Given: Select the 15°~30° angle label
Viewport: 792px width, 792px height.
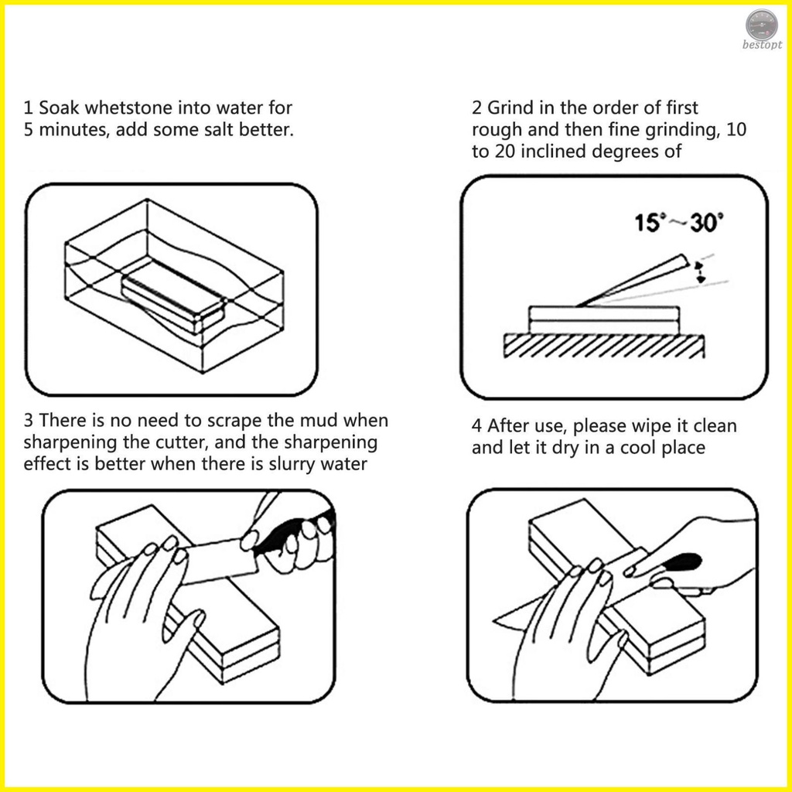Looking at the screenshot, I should click(678, 224).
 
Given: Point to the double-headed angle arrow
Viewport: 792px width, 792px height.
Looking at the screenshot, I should click(701, 272).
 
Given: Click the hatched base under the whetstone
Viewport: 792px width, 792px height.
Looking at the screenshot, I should click(603, 346).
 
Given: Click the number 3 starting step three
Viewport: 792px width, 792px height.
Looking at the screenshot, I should click(29, 422).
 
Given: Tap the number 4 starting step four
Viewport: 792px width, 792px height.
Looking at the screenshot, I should click(476, 426).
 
